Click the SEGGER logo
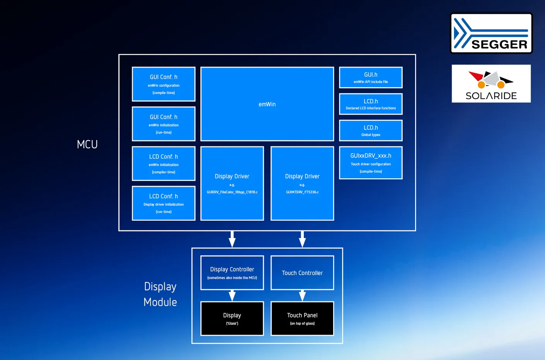click(x=491, y=34)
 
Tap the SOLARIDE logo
click(x=491, y=84)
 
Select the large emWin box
click(x=267, y=104)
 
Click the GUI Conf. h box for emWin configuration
click(x=163, y=84)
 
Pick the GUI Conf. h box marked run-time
click(x=163, y=124)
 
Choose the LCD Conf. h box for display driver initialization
click(x=163, y=203)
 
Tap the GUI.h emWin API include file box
click(x=371, y=78)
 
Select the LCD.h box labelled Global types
click(x=371, y=131)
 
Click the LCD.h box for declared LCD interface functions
click(x=371, y=104)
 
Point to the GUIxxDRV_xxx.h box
click(x=371, y=163)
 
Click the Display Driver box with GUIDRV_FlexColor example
click(x=232, y=183)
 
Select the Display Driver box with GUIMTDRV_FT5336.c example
click(x=302, y=183)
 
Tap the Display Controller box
click(x=232, y=273)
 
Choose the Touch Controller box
click(x=302, y=273)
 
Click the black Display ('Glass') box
click(x=232, y=319)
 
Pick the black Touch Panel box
click(x=302, y=319)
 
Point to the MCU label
click(x=87, y=144)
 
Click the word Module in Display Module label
click(x=160, y=302)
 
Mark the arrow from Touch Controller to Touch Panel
click(x=302, y=296)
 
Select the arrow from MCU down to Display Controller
click(x=232, y=239)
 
